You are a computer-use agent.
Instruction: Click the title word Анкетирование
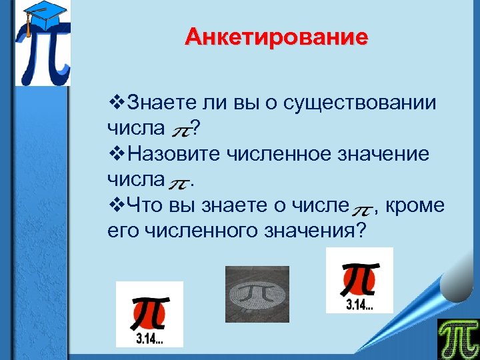[276, 37]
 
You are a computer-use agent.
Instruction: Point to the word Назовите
[167, 154]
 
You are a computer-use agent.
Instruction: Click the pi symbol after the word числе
[362, 208]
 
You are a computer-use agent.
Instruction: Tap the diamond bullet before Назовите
[115, 154]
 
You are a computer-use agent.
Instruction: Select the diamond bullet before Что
[115, 205]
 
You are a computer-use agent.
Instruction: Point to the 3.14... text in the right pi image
[359, 306]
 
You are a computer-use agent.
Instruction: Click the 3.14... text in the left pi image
[149, 339]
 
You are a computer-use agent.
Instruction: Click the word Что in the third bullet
[142, 205]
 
